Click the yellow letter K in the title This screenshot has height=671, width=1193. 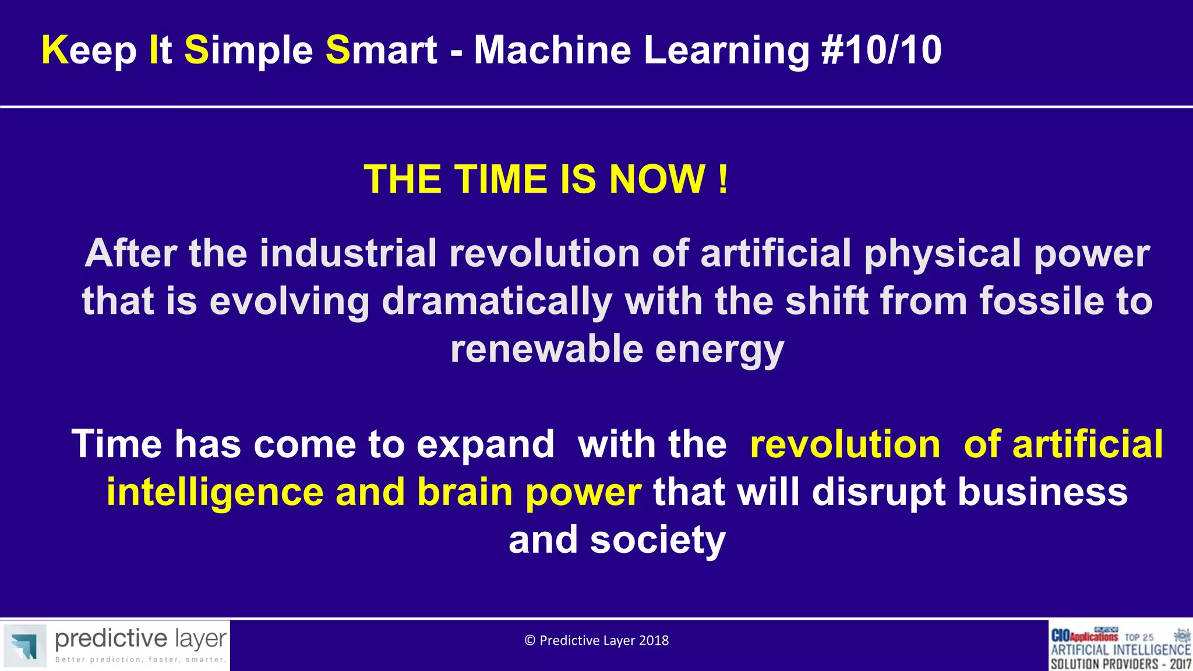55,50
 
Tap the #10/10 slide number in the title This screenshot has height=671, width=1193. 881,50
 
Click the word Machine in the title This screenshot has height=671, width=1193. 552,50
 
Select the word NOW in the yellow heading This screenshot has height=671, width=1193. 657,179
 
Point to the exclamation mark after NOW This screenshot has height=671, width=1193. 723,179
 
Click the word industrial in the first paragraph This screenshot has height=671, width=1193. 348,253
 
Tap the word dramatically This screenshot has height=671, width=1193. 496,302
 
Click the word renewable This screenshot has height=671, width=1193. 546,349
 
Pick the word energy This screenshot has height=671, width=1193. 719,351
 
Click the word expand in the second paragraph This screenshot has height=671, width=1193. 485,445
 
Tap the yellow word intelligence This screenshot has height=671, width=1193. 214,492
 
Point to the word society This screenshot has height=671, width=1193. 658,541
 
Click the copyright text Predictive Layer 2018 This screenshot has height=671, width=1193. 596,641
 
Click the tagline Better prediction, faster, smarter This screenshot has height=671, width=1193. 140,660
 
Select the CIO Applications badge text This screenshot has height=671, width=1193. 1084,636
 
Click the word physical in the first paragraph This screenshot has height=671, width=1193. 943,254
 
